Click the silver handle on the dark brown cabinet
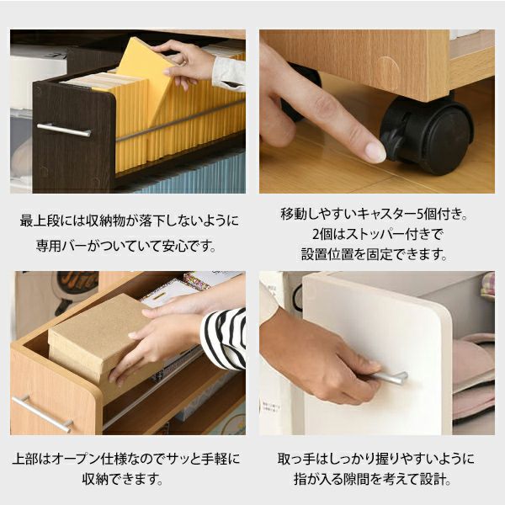pos(64,130)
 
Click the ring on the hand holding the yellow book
pos(183,62)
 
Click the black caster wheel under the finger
pos(427,136)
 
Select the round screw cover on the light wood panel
pos(388,70)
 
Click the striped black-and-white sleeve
pos(224,338)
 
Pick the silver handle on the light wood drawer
pos(42,413)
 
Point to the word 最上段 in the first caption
pos(40,221)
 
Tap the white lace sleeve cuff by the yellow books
pos(229,74)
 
